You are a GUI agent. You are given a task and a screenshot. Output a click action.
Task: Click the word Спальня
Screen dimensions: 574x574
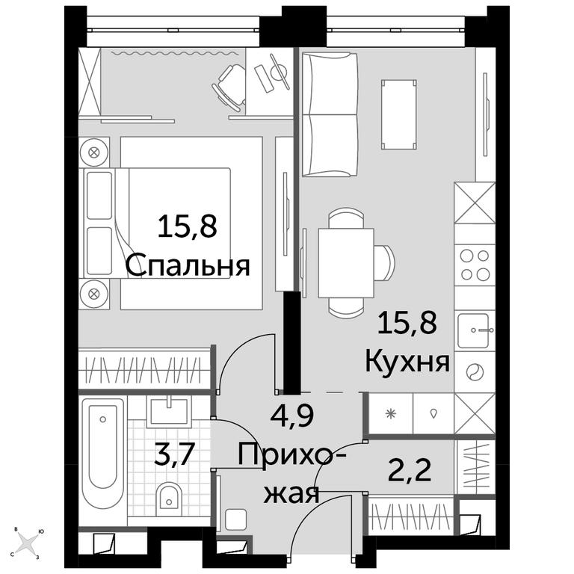(188, 266)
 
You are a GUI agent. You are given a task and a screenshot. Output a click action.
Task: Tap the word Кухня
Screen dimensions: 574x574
(407, 362)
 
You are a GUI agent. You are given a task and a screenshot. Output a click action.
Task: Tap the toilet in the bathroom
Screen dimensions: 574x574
(169, 499)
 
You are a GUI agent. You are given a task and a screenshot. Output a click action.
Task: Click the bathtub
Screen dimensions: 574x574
(103, 453)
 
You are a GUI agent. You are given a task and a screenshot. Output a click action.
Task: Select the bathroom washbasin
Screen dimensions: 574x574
(169, 411)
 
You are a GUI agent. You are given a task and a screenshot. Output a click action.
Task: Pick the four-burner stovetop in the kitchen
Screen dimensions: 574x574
(475, 265)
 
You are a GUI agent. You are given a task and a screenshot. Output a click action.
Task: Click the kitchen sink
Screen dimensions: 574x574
(474, 330)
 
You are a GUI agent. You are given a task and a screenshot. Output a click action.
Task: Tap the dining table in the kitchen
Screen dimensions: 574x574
(346, 263)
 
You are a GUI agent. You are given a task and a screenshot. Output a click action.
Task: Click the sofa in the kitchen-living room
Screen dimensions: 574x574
(330, 115)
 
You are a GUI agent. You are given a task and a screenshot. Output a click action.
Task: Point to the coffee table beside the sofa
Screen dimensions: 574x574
(399, 114)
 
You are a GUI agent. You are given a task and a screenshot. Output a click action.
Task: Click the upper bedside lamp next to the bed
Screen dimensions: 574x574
(94, 152)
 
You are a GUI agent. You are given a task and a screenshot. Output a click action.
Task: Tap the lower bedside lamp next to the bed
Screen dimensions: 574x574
(94, 293)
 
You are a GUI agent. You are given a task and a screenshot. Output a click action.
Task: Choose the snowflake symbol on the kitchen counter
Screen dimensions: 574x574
(391, 414)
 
